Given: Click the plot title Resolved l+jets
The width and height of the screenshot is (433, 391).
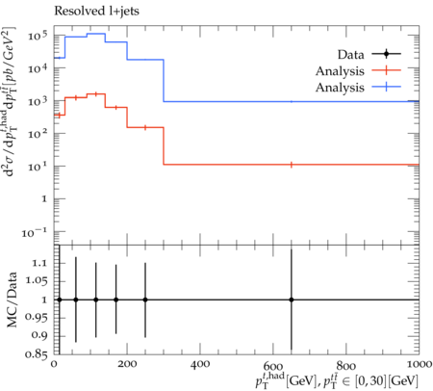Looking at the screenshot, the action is [96, 12].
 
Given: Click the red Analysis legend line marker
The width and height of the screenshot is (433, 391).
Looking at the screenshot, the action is [387, 70].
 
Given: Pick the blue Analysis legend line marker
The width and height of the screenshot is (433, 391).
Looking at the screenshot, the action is [387, 87].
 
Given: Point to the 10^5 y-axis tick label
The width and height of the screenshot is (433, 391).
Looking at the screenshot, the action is [38, 35].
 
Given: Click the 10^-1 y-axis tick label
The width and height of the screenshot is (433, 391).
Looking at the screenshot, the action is [35, 232].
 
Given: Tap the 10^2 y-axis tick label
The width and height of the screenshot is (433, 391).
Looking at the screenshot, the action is [38, 133].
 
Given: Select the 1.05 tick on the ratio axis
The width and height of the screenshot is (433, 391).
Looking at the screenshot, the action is [36, 281].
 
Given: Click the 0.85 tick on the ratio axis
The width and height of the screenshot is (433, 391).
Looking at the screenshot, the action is [36, 354].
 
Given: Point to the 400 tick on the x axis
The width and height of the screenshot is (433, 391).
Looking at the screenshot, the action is [200, 364].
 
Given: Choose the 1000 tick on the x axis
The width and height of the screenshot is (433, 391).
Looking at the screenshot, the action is [419, 364].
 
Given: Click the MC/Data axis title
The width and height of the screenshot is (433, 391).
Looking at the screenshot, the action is [12, 300].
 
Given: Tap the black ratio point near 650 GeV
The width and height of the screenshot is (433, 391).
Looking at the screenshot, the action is [292, 300].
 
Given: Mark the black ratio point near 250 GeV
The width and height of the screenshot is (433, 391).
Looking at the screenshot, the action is [145, 300].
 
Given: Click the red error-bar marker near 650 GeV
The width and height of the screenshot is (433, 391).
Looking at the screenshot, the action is [292, 165].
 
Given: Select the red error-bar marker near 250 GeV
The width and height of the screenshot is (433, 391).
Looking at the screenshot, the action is [145, 127].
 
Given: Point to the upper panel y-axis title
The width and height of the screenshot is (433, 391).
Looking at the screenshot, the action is [11, 102].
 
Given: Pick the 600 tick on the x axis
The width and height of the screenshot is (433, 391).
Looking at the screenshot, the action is [273, 366].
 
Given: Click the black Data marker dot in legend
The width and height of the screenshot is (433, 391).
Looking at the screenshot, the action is [387, 54].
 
